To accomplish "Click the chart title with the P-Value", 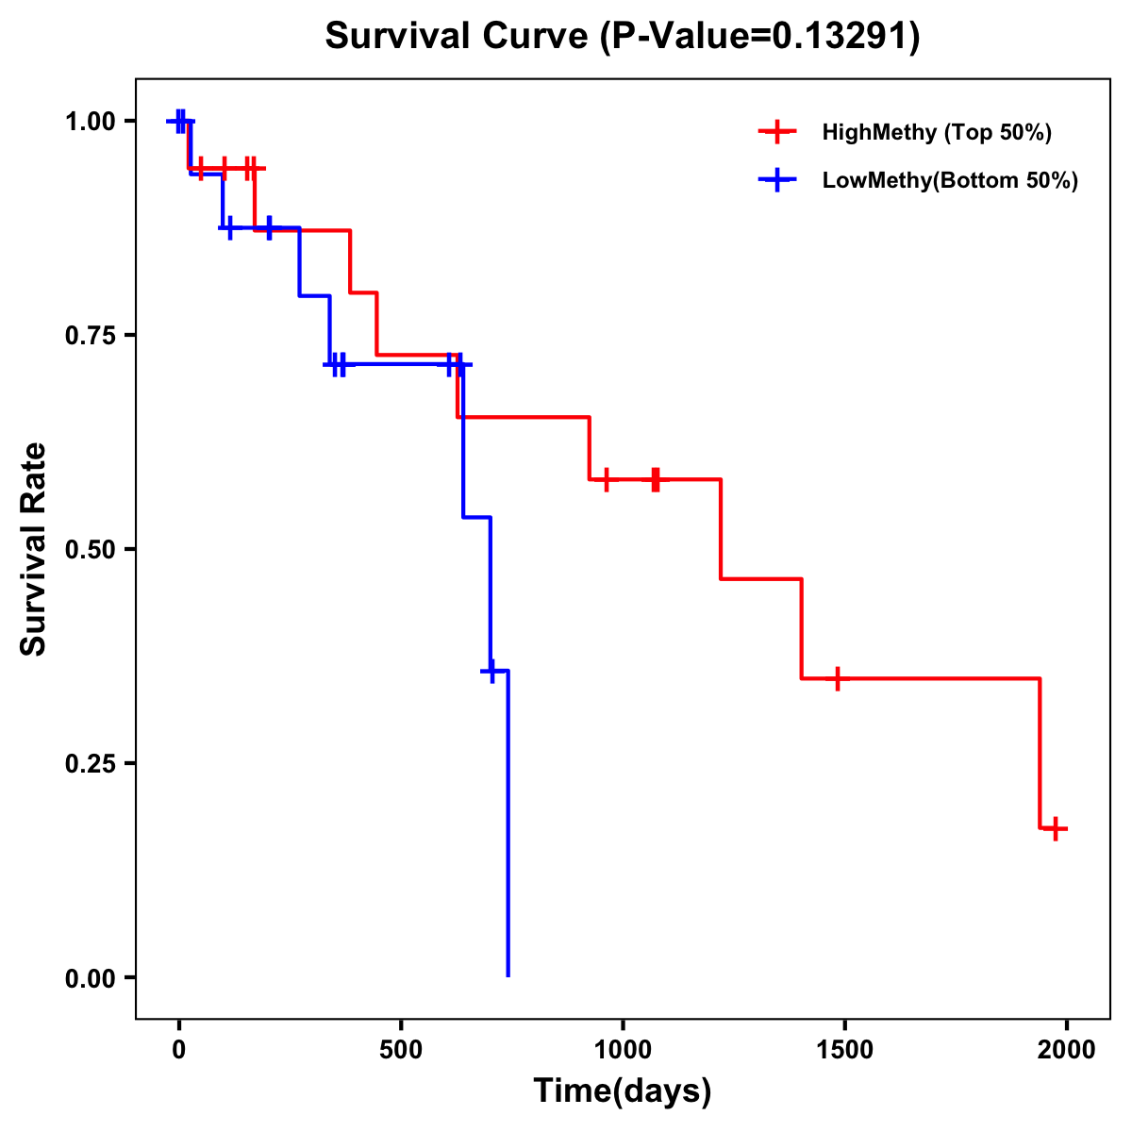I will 623,36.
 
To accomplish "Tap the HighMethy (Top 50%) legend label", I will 936,132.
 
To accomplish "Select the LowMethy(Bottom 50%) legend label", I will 950,180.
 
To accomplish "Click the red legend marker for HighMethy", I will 776,132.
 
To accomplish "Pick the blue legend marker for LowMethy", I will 776,180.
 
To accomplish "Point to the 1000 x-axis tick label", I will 623,1050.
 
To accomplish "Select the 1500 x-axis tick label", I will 844,1050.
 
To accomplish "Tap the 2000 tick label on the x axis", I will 1066,1050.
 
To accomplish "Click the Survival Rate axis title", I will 34,549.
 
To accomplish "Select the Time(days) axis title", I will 623,1091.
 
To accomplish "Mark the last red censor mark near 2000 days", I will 1057,828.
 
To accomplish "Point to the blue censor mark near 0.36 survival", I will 491,670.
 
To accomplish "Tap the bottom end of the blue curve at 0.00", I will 508,975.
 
